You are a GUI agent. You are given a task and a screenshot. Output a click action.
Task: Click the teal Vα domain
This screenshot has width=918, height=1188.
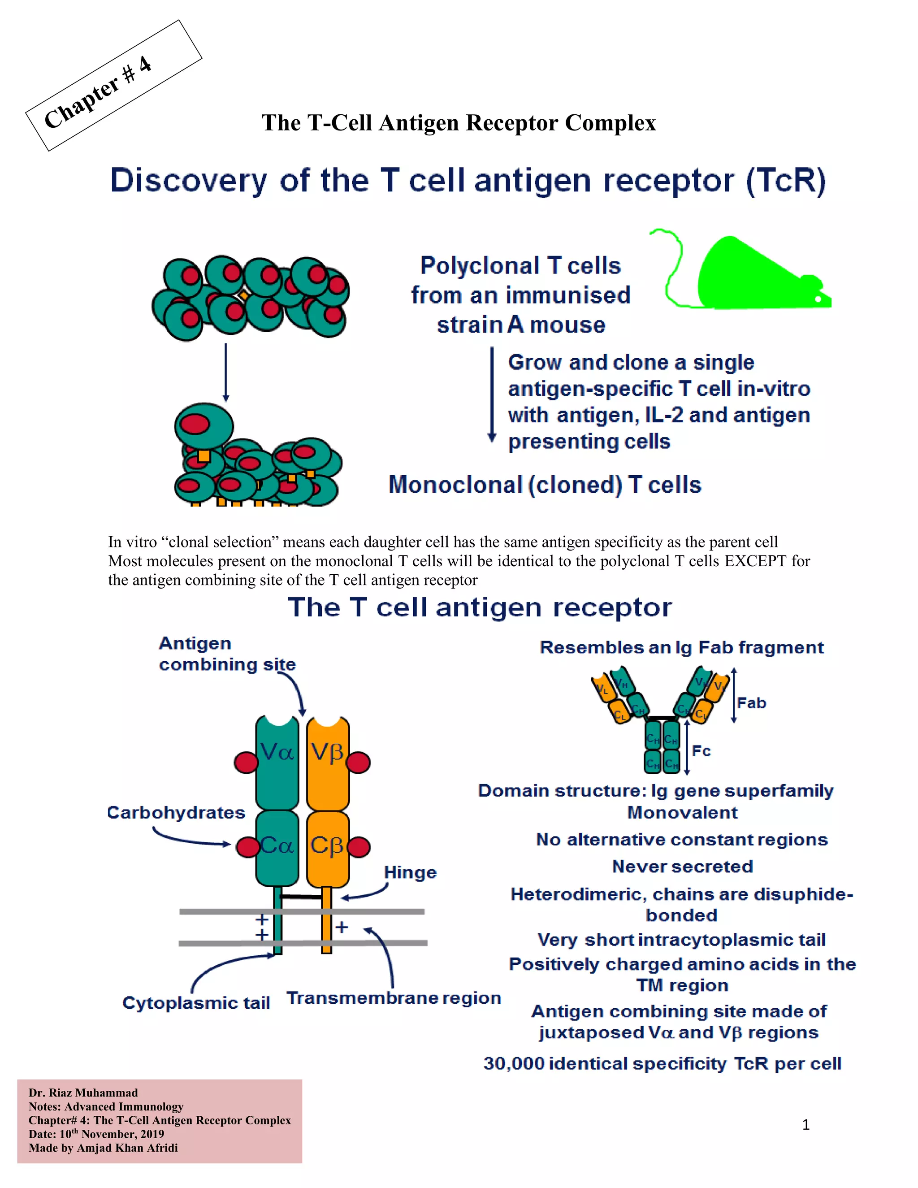click(x=277, y=762)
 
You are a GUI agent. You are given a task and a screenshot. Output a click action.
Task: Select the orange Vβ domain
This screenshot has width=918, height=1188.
click(x=327, y=762)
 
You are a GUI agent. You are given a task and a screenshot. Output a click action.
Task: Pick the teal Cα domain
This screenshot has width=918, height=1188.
click(x=277, y=846)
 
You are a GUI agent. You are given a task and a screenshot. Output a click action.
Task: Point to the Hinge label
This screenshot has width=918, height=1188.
click(x=410, y=872)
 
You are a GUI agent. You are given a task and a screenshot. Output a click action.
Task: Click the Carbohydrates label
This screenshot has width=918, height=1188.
click(x=176, y=813)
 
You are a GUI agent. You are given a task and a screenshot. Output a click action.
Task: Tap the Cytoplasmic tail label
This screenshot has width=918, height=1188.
click(x=196, y=1003)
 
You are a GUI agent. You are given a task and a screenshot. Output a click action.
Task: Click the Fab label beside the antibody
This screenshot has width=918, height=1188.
click(x=752, y=703)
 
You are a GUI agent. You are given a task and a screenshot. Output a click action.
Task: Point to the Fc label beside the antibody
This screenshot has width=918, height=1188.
click(x=701, y=751)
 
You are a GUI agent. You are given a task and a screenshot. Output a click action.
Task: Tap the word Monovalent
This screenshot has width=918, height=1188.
click(x=682, y=813)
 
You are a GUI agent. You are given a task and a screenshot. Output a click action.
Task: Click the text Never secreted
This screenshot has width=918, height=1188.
click(x=682, y=867)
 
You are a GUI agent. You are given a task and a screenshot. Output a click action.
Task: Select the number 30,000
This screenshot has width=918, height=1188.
click(x=514, y=1063)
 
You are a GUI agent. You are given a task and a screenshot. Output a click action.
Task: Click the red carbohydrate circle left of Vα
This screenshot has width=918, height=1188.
click(x=246, y=762)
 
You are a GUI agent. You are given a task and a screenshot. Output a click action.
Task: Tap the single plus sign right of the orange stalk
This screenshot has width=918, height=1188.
click(x=342, y=927)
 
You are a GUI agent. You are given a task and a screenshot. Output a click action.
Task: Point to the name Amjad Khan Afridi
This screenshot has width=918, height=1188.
click(x=127, y=1148)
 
